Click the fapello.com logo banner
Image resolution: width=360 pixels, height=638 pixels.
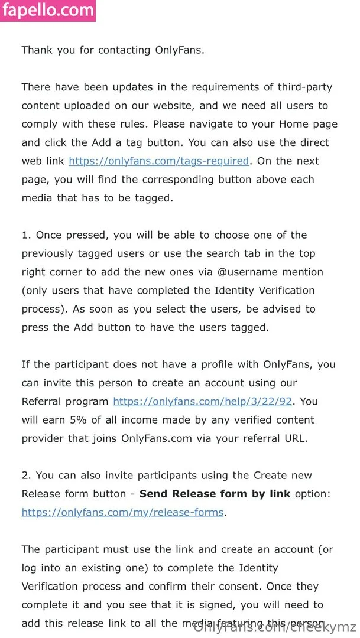pyautogui.click(x=48, y=11)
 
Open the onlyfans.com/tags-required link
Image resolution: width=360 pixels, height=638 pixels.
pyautogui.click(x=159, y=161)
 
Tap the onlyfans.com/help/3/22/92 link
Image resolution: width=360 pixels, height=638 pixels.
pyautogui.click(x=203, y=402)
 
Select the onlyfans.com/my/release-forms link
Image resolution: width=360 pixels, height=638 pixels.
pyautogui.click(x=123, y=512)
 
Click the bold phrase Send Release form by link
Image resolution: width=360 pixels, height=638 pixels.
pyautogui.click(x=215, y=494)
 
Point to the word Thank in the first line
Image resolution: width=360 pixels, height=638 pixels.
pyautogui.click(x=37, y=50)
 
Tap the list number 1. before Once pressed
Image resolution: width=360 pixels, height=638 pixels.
pyautogui.click(x=27, y=235)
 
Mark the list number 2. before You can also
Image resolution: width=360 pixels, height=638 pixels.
pyautogui.click(x=27, y=476)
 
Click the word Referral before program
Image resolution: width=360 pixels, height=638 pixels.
pyautogui.click(x=43, y=402)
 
